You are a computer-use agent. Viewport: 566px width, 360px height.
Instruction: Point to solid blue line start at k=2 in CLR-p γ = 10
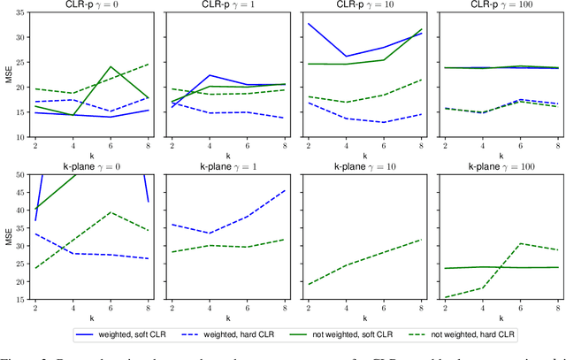308,24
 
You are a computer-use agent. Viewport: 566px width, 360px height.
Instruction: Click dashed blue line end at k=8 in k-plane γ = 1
284,190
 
